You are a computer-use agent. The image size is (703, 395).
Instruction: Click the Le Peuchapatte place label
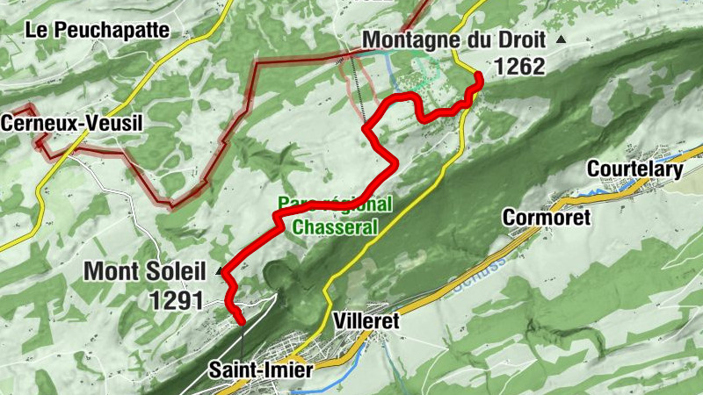tap(97, 29)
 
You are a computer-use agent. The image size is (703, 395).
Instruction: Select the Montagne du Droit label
tap(453, 39)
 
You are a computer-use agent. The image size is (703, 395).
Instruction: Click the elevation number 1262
tap(519, 66)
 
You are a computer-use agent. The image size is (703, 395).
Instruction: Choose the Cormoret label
tap(546, 217)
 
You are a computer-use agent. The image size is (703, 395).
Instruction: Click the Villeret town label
tap(366, 321)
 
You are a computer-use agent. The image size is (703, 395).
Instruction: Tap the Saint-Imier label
tap(260, 370)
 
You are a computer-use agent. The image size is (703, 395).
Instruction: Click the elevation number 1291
tap(176, 300)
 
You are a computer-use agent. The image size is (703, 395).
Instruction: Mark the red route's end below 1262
tap(480, 81)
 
